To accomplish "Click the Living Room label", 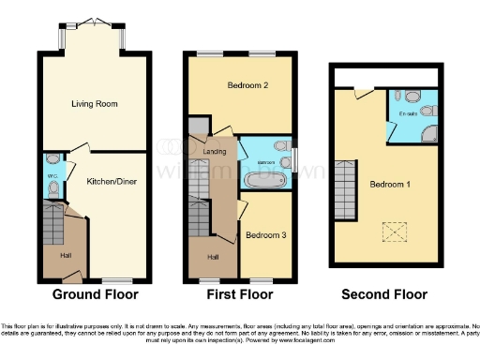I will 94,104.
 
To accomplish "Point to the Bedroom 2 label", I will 248,85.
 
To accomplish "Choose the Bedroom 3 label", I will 266,235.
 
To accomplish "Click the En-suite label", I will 408,114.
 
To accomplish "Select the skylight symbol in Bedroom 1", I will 388,230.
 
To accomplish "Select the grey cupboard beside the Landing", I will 199,127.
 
